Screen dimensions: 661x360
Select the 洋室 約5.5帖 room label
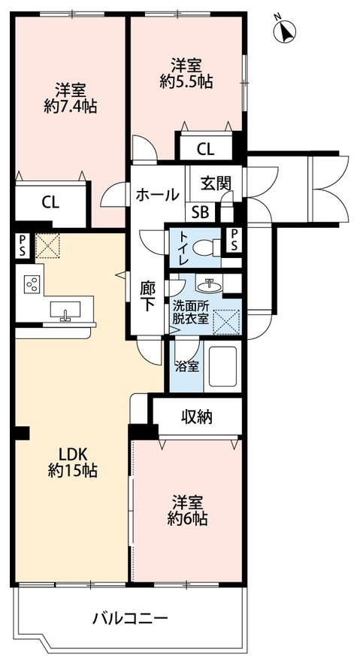(186, 72)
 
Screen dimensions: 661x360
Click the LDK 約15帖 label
(74, 462)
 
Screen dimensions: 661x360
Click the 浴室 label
(186, 368)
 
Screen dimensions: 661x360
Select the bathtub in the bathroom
(222, 368)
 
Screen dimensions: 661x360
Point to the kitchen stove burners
(32, 284)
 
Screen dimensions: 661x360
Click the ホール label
(156, 195)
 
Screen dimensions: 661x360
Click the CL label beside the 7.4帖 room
(50, 202)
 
